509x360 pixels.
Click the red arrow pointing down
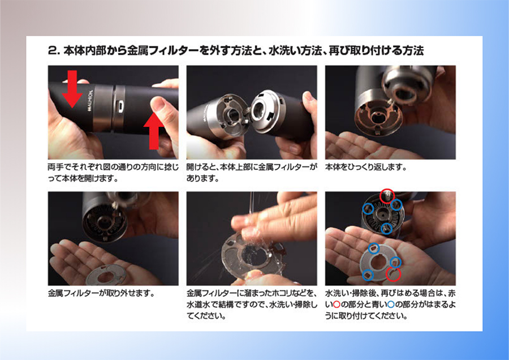(x=72, y=88)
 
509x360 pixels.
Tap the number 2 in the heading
(x=52, y=51)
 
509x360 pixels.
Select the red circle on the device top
(x=387, y=196)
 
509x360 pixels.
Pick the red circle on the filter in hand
(x=393, y=274)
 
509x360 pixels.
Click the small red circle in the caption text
(x=337, y=305)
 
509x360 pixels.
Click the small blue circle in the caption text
(x=391, y=305)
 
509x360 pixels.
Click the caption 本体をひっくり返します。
(x=366, y=168)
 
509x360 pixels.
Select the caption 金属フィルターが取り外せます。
(x=101, y=293)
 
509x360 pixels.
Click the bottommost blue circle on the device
(x=386, y=229)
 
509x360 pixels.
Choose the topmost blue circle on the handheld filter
(x=374, y=248)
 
